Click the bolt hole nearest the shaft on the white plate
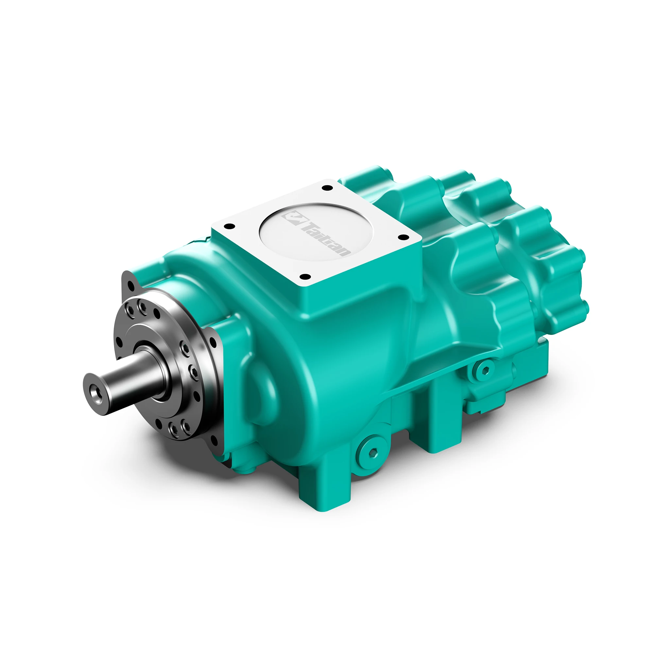tap(230, 226)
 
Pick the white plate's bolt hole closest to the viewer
tap(305, 277)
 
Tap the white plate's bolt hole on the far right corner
tap(403, 237)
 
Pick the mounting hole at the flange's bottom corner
tap(214, 441)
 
